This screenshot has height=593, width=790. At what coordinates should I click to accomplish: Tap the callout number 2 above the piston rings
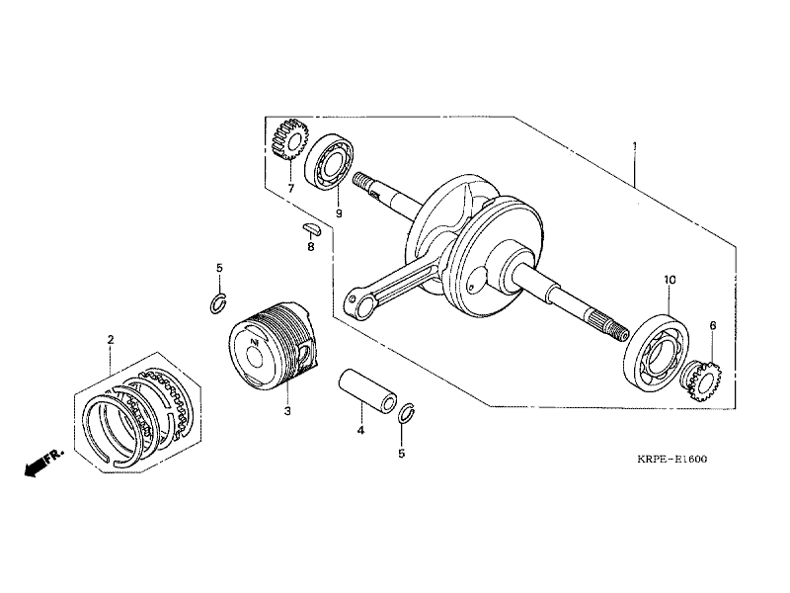111,340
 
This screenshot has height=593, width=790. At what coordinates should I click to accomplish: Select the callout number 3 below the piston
286,410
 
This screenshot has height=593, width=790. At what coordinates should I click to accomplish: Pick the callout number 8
310,246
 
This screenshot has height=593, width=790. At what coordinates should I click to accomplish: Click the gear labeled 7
287,139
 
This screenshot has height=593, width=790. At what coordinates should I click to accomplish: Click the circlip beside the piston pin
405,413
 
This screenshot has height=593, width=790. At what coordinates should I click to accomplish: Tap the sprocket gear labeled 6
706,380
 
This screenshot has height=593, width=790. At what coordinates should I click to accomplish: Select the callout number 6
712,325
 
